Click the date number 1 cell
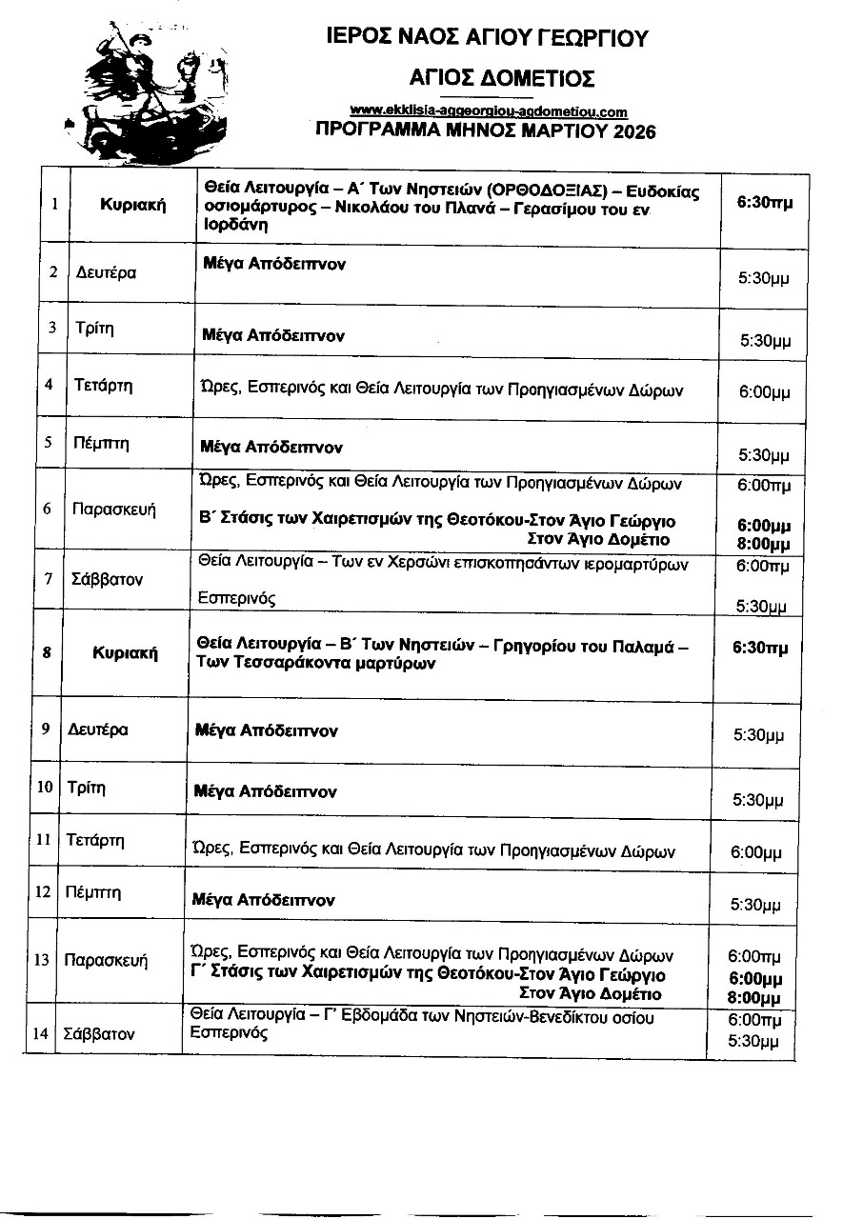click(x=54, y=204)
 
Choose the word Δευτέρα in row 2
click(x=106, y=273)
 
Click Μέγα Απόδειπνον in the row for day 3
click(x=273, y=335)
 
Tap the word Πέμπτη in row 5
click(x=102, y=442)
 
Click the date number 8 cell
click(x=47, y=652)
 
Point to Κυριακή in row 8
click(x=125, y=653)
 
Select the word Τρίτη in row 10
click(x=87, y=788)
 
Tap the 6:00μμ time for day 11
click(x=757, y=852)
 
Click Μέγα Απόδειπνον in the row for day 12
click(x=263, y=899)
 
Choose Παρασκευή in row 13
click(x=106, y=960)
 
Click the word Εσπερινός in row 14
click(x=229, y=1032)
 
